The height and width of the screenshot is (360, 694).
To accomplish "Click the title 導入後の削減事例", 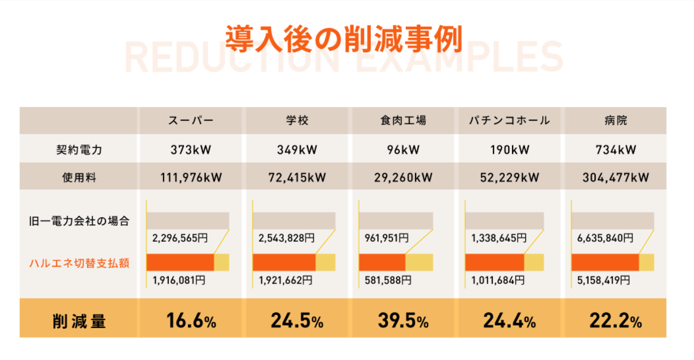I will pos(344,38).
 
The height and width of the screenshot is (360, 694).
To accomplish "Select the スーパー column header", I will pos(190,121).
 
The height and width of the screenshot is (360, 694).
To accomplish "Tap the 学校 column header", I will pos(298,121).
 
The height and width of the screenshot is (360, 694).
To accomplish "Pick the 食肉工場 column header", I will pos(403,121).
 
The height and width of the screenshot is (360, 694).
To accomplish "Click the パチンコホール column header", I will pos(510,121).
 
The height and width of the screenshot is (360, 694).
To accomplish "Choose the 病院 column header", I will pos(615,121).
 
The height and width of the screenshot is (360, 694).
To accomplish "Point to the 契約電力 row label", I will pos(79,149).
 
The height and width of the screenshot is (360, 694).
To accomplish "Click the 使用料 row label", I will pos(79,178).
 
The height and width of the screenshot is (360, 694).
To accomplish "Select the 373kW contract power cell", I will pos(190,149).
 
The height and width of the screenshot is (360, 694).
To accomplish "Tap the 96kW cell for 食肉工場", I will pos(403,149).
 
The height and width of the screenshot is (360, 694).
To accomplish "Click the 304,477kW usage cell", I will pos(615,178).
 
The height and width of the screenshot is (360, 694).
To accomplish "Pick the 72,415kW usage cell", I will pos(298,178).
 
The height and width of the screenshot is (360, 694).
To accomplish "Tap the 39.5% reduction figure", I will pos(403,320).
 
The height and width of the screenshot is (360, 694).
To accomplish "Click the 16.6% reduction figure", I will pos(190,320).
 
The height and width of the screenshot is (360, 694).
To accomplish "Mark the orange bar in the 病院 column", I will pos(605,262).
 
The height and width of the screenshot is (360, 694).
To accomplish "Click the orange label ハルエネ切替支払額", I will pos(79,263).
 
